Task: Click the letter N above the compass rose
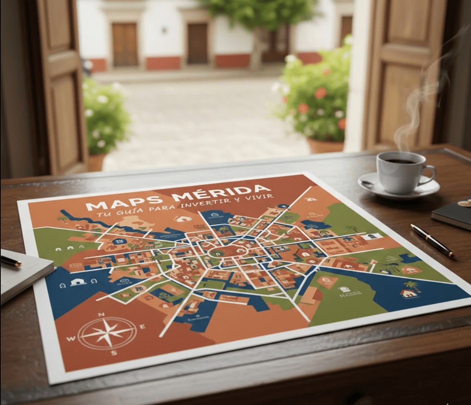100,314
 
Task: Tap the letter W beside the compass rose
69,339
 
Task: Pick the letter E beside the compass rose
142,327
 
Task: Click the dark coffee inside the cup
400,161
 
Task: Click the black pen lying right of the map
432,240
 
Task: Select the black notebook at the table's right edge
451,214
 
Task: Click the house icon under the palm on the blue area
408,294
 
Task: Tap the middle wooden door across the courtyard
197,43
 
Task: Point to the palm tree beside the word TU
63,219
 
